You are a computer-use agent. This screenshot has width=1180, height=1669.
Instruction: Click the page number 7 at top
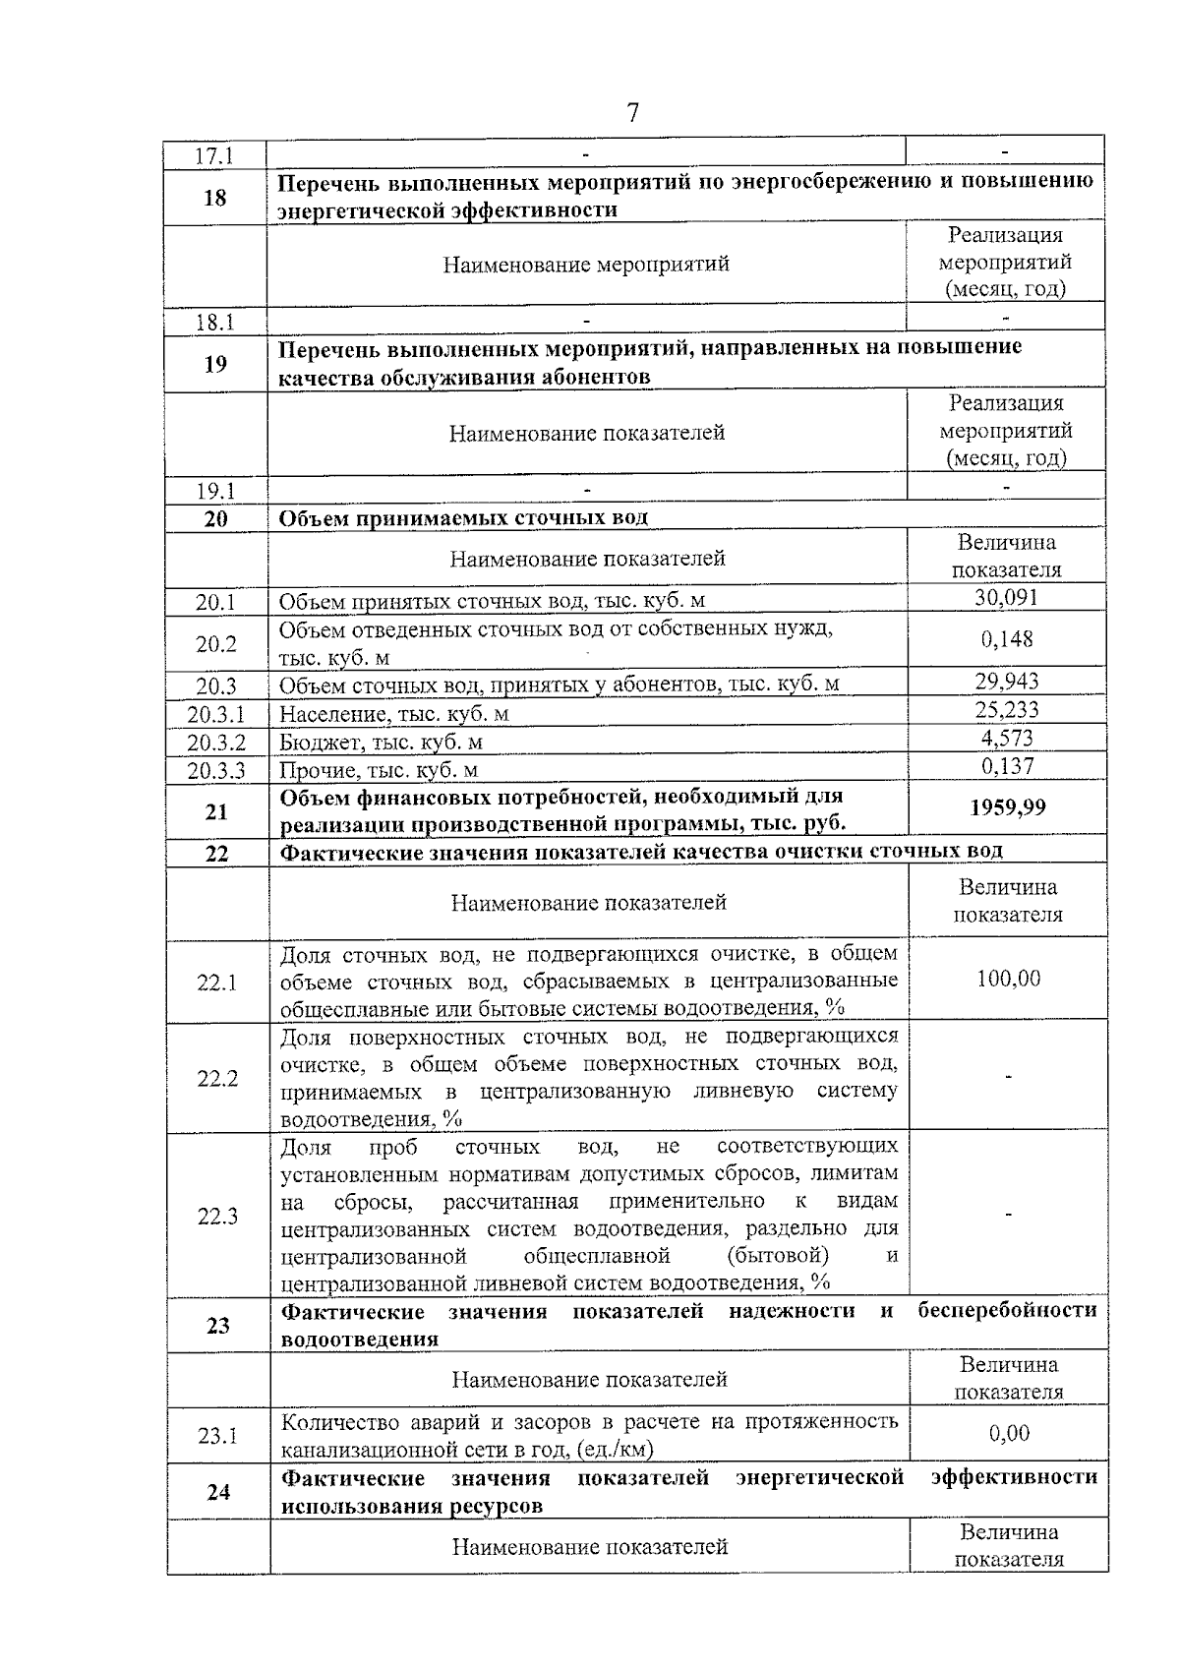pos(632,113)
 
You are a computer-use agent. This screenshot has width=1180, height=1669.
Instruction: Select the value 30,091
pos(1006,598)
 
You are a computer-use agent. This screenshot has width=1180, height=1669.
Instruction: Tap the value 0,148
pos(1006,640)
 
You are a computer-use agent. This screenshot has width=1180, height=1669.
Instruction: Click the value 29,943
pos(1006,682)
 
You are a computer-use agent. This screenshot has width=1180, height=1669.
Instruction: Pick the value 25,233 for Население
pos(1006,710)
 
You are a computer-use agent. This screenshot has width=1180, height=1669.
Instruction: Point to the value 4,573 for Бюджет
pos(1006,738)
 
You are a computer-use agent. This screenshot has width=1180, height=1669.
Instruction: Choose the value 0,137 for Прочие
pos(1006,766)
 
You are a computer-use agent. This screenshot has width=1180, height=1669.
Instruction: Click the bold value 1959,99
pos(1007,808)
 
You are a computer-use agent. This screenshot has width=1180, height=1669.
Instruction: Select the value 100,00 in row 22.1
pos(1008,980)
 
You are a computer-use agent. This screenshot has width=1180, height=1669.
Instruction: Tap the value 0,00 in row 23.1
pos(1009,1434)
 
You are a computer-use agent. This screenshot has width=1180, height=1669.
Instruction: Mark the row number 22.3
pos(217,1217)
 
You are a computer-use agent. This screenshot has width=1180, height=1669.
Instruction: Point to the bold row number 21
pos(215,812)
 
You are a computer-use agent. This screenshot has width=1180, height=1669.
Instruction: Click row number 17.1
pos(214,156)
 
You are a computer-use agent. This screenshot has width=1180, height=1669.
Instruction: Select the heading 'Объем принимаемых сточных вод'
pos(464,518)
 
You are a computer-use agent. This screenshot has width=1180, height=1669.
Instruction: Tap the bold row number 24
pos(218,1492)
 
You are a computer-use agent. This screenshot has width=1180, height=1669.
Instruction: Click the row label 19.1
pos(214,490)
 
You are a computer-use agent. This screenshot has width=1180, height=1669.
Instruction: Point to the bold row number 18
pos(214,198)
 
